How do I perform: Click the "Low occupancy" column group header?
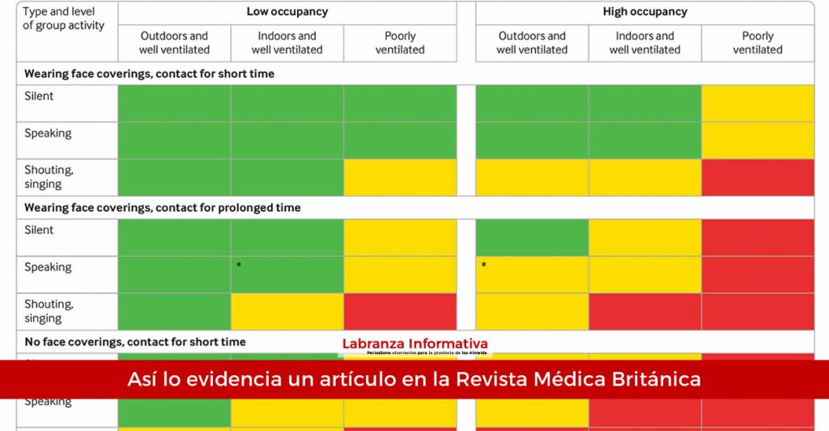[x=287, y=12]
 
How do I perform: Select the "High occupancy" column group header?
[x=644, y=12]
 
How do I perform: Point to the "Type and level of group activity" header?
[x=63, y=19]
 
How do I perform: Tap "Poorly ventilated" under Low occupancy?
[x=400, y=43]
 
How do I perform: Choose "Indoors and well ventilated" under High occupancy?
[x=644, y=43]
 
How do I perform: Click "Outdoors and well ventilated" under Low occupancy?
[x=175, y=43]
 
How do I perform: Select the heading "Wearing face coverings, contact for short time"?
[x=149, y=74]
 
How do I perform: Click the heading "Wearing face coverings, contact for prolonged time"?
[x=162, y=208]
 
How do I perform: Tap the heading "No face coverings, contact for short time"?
[x=134, y=342]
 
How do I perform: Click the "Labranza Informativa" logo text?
[x=414, y=344]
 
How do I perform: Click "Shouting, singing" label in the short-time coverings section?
[x=49, y=177]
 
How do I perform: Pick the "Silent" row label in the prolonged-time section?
[x=39, y=230]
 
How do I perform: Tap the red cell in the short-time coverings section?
[x=758, y=177]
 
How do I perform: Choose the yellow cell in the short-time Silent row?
[x=758, y=103]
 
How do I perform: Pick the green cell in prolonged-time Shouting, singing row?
[x=174, y=311]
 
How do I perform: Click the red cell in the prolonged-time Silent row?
[x=758, y=237]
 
